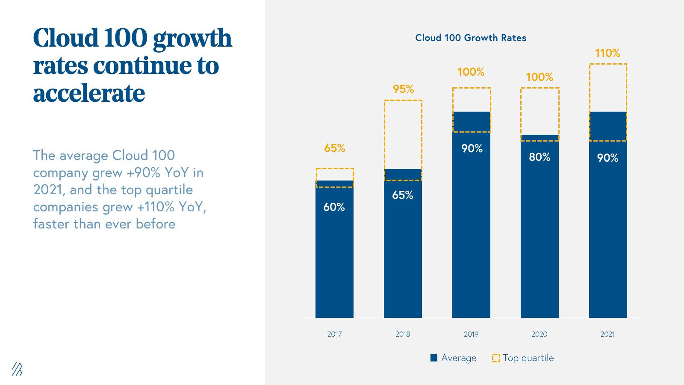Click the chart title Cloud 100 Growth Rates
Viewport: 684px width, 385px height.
pyautogui.click(x=471, y=38)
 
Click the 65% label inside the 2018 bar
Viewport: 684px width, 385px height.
pyautogui.click(x=403, y=195)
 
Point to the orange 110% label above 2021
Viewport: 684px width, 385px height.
pyautogui.click(x=607, y=53)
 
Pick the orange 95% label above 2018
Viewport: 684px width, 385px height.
pyautogui.click(x=404, y=89)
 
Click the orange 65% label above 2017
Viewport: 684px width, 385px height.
pyautogui.click(x=334, y=148)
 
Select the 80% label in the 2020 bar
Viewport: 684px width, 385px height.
pyautogui.click(x=540, y=157)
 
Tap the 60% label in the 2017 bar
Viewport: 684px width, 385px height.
pyautogui.click(x=334, y=207)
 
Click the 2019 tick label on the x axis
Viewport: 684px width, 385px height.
pyautogui.click(x=471, y=334)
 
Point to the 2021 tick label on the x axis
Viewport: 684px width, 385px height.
pyautogui.click(x=607, y=334)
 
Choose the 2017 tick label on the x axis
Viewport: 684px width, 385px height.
pyautogui.click(x=334, y=334)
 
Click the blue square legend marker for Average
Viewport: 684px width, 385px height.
pyautogui.click(x=434, y=358)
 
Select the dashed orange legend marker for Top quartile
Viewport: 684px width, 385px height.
pyautogui.click(x=496, y=358)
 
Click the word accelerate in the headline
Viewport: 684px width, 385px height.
pyautogui.click(x=89, y=93)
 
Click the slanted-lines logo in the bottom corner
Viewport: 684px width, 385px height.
pyautogui.click(x=17, y=369)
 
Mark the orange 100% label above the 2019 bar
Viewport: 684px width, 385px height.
pyautogui.click(x=471, y=72)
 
